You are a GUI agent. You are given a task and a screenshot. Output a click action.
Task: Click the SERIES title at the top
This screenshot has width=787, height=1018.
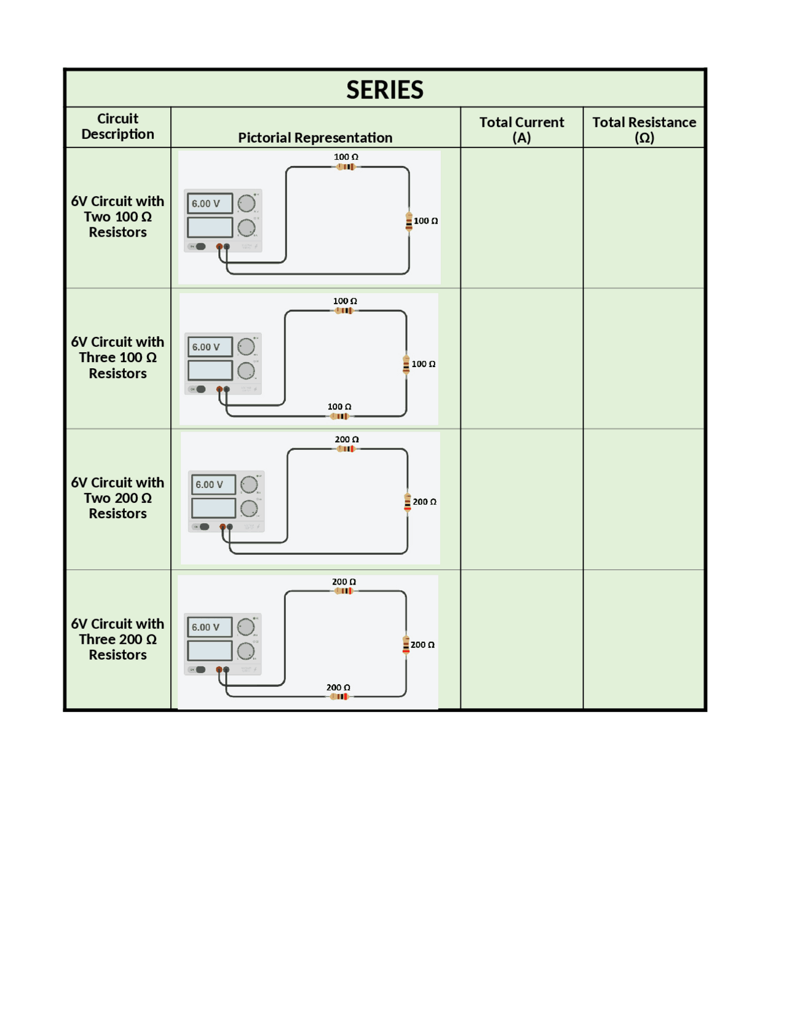[384, 90]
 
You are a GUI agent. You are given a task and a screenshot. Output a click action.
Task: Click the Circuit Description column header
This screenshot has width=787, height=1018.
[117, 126]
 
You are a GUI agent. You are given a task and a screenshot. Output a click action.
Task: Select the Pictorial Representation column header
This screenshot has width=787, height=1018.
[315, 137]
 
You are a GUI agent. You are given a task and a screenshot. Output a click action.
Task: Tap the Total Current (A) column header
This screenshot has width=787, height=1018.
[521, 129]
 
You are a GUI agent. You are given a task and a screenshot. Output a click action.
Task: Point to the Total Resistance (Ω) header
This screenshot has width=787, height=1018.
[644, 129]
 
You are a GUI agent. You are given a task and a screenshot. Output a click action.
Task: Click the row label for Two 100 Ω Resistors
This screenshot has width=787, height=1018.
[117, 216]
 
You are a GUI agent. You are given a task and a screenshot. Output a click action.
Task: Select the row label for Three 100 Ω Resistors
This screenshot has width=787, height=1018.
[117, 357]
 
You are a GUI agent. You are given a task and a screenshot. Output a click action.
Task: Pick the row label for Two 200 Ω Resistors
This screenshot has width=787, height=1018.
[117, 497]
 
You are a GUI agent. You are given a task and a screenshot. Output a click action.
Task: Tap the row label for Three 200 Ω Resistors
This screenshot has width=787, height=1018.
[117, 639]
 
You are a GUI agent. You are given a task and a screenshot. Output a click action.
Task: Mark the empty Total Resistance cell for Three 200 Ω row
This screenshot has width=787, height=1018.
[644, 639]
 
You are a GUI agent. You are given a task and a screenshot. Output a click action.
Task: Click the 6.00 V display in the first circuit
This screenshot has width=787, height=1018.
[210, 203]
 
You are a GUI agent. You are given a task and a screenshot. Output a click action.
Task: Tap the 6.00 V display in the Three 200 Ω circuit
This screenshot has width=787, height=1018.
[209, 627]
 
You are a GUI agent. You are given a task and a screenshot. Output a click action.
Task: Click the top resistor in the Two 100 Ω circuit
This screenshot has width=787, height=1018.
[346, 167]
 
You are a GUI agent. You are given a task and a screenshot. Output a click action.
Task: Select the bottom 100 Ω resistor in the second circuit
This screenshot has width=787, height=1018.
[339, 416]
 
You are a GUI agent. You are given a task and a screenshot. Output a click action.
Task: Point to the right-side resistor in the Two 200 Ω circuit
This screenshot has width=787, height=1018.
[408, 502]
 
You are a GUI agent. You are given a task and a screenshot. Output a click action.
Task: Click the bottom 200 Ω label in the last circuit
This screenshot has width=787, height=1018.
[338, 687]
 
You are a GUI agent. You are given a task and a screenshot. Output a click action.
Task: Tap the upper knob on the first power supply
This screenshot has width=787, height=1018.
[247, 203]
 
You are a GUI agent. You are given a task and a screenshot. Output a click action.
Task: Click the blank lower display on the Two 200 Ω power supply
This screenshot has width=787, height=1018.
[213, 508]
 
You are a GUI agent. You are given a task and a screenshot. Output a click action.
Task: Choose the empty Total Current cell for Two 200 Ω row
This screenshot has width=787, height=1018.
[521, 499]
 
